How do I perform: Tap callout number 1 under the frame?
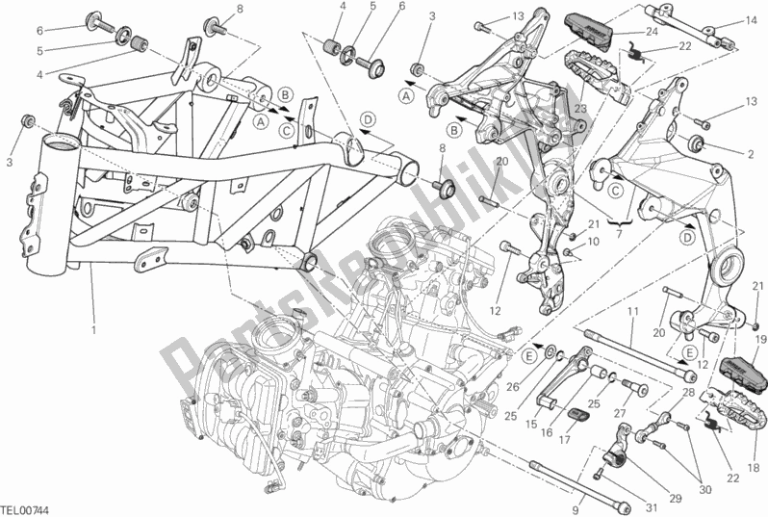pos(94,330)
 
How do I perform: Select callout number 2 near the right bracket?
pos(747,152)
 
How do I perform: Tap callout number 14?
pos(748,22)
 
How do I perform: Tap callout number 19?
pos(758,338)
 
